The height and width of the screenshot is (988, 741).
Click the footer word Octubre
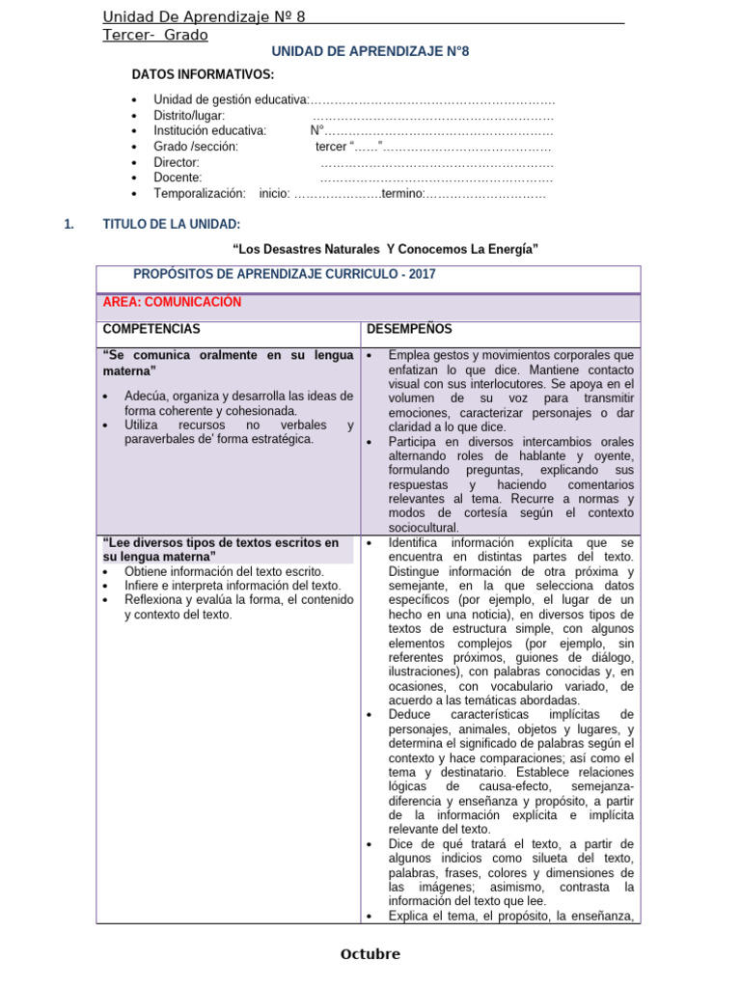370,954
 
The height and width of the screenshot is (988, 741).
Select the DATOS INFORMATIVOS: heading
203,75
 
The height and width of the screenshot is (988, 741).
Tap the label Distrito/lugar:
189,116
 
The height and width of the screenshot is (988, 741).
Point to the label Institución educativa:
209,131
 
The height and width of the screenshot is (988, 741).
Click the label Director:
177,162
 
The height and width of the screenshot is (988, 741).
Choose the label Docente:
178,178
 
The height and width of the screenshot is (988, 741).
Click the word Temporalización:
200,193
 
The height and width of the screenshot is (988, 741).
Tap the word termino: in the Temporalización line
402,193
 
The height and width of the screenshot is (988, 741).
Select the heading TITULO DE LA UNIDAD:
172,225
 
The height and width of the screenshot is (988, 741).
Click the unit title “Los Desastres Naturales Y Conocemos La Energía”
386,250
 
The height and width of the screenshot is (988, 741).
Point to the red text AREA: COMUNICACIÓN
172,302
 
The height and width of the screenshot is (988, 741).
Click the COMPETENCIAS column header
151,329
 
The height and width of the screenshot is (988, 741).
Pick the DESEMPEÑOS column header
408,329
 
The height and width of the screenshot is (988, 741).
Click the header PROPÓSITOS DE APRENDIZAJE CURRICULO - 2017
284,274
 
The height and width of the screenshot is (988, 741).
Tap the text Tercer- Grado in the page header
155,36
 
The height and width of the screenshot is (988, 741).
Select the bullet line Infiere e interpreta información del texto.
233,586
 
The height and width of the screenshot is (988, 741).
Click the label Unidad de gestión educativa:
231,100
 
